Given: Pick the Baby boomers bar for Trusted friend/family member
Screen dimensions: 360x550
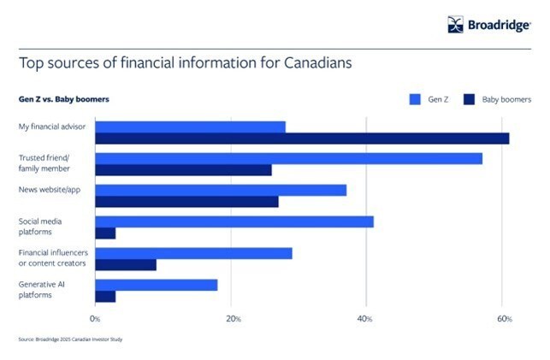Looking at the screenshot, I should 183,170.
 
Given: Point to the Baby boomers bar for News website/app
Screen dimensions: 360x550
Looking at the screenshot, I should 186,202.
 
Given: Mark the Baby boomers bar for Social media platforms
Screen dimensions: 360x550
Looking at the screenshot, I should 105,233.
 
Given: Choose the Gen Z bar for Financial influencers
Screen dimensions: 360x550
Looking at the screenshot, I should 193,253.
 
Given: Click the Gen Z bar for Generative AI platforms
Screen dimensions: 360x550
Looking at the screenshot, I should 157,285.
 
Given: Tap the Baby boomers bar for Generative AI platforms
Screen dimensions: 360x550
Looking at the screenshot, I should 105,297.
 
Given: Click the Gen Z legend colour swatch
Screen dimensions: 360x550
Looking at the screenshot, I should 417,99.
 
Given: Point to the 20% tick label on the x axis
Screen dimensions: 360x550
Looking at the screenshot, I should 232,319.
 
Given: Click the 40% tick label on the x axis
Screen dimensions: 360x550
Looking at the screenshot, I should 366,319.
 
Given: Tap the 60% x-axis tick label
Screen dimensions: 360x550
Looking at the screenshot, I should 504,319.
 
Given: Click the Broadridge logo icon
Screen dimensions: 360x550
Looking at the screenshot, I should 455,25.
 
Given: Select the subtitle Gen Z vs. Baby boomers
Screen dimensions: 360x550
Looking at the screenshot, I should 63,99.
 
